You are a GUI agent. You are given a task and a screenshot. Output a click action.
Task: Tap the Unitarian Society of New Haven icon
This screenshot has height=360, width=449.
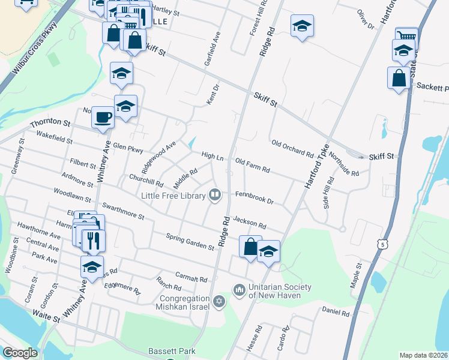point(240,290)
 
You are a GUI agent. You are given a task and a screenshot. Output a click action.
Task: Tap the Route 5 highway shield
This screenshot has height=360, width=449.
point(382,244)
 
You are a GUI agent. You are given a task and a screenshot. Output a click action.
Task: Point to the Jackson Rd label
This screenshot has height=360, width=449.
point(249,223)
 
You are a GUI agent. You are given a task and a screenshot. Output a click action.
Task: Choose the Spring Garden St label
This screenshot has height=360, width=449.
point(190,242)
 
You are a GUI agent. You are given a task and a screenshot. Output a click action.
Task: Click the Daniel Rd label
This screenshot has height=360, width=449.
point(336,312)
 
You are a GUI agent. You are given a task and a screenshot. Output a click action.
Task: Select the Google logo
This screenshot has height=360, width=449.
point(20,353)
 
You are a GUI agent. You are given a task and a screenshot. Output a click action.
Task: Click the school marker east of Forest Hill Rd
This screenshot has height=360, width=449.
point(303,26)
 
